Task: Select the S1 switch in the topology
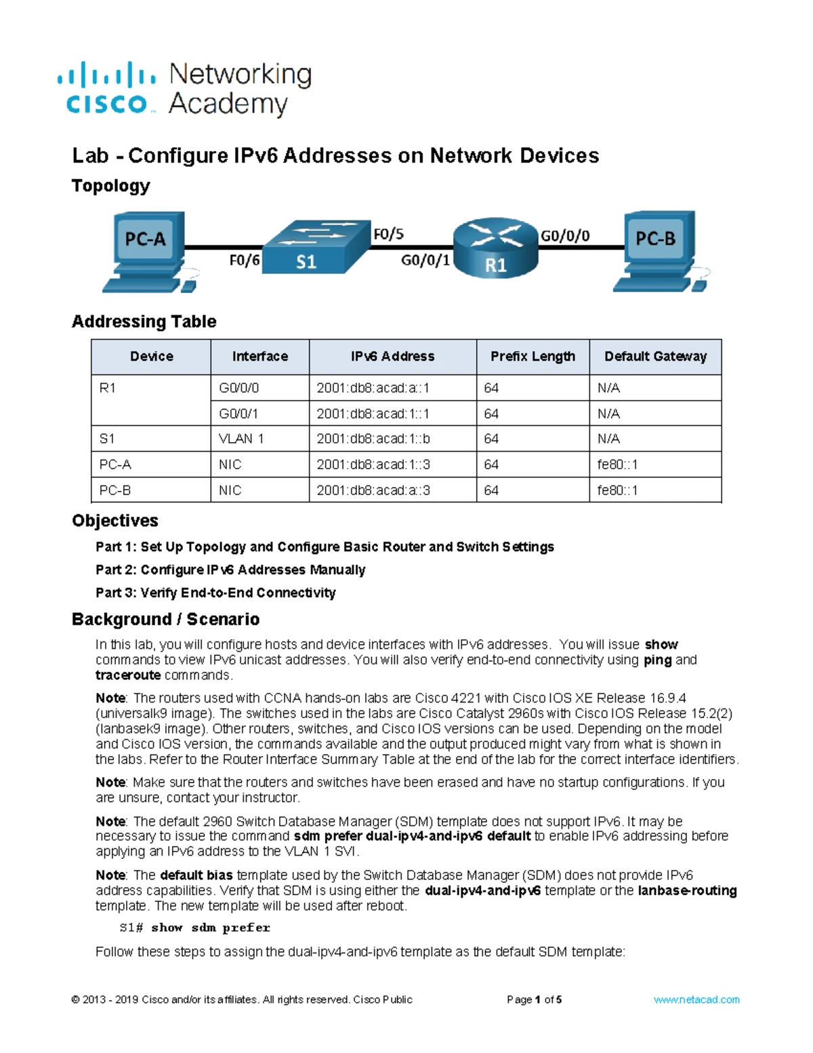(316, 247)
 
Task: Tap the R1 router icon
(495, 247)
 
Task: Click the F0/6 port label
(245, 260)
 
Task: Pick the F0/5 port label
(388, 235)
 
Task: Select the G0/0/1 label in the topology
(425, 260)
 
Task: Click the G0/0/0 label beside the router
(565, 236)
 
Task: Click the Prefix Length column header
(533, 356)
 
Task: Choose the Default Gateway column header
(655, 356)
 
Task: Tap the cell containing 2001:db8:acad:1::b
(393, 439)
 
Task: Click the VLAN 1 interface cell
(260, 439)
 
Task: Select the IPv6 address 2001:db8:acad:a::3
(373, 490)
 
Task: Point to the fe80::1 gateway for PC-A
(617, 464)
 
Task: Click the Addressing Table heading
(144, 321)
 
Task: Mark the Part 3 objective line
(215, 593)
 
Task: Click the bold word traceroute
(128, 675)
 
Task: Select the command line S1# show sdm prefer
(194, 928)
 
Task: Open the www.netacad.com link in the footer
(696, 999)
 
